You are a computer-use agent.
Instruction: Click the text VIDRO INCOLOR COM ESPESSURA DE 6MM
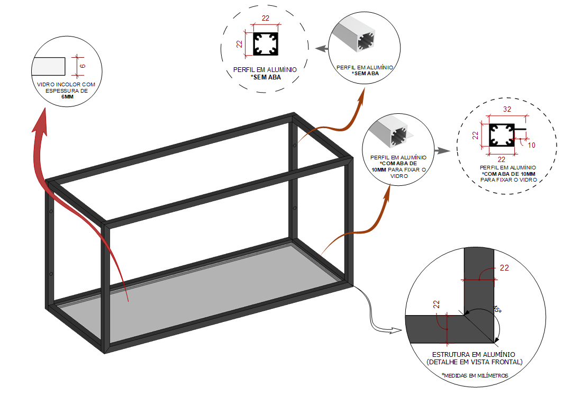click(67, 91)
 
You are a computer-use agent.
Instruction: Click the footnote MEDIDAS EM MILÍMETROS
click(475, 375)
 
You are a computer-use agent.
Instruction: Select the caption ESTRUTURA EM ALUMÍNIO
click(474, 354)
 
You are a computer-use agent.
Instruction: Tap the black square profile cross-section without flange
click(265, 44)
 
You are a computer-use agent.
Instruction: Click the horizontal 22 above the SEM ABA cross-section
click(265, 19)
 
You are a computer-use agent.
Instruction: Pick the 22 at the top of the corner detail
click(504, 268)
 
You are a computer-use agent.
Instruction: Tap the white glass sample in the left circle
click(48, 66)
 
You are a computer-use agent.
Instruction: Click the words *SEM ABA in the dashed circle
click(266, 77)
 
